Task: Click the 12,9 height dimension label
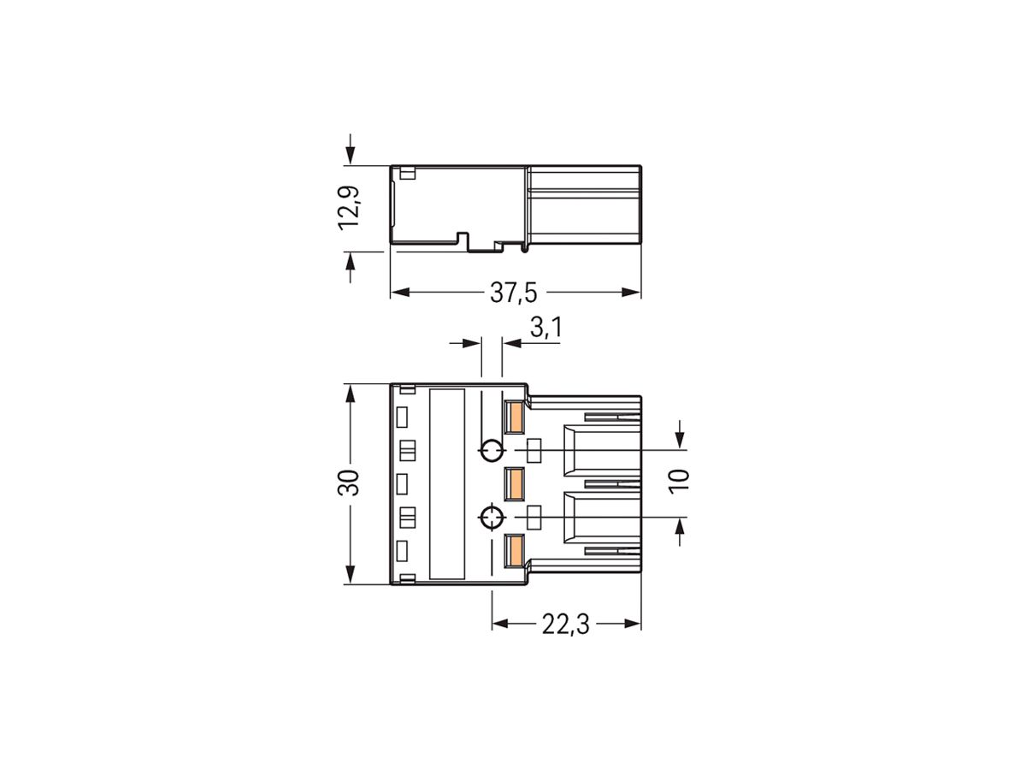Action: coord(350,208)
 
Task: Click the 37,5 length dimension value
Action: coord(513,293)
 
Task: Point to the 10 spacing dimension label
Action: coord(679,480)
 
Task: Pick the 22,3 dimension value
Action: coord(565,625)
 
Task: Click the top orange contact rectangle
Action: coord(515,418)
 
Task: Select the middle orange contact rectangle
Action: coord(515,484)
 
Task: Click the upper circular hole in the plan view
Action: coord(492,450)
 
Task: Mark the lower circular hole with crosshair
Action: coord(492,518)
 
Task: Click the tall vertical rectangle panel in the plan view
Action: coord(446,484)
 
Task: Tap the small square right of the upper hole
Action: coord(535,450)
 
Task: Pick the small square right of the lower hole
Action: coord(535,518)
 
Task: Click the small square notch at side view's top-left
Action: coord(407,175)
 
